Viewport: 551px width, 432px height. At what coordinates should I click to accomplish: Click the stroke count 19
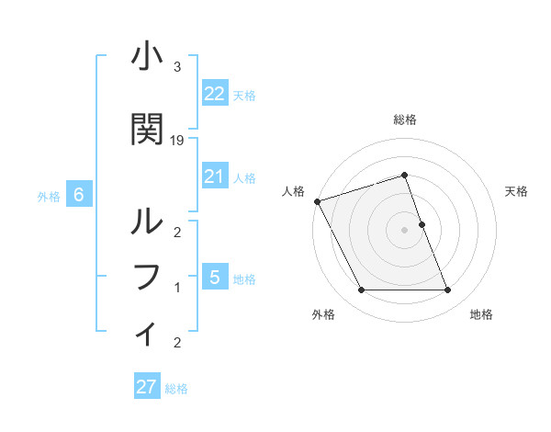(177, 141)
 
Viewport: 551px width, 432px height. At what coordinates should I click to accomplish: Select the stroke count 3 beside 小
(176, 67)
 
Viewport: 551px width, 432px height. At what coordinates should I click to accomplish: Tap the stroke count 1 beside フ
(176, 288)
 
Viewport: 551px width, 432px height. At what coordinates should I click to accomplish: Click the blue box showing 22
(214, 93)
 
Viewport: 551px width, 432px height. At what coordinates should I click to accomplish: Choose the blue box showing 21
(214, 176)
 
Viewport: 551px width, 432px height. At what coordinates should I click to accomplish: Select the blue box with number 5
(214, 277)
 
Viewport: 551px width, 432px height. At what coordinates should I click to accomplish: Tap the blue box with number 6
(79, 195)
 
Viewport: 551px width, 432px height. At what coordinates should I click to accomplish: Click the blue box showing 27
(146, 387)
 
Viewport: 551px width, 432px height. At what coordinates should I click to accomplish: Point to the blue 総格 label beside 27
(176, 389)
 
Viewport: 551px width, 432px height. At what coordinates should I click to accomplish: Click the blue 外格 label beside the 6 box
(49, 196)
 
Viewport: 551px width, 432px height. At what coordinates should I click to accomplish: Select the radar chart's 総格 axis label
(404, 119)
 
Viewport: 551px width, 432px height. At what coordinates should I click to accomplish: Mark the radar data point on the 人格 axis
(317, 201)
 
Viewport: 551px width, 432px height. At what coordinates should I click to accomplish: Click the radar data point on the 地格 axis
(447, 290)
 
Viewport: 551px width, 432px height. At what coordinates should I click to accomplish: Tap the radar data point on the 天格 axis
(422, 224)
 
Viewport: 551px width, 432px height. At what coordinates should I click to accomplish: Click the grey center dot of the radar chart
(404, 230)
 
